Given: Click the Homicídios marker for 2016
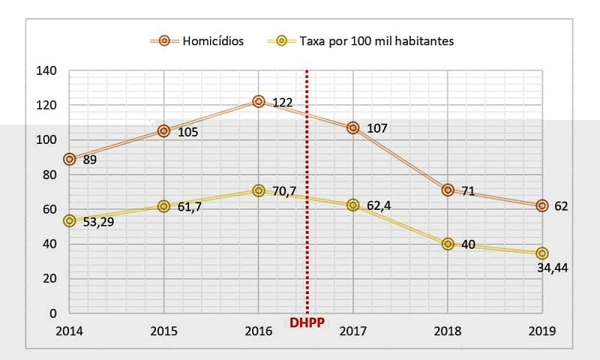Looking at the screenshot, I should (x=259, y=101).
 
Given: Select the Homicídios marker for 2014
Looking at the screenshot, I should (x=70, y=159).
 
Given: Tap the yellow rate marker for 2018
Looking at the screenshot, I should (x=448, y=244).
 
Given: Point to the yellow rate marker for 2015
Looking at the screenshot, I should (x=164, y=206).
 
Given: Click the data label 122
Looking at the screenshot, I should (x=282, y=102).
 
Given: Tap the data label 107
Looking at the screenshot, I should (x=376, y=128).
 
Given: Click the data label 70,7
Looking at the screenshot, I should (x=284, y=191).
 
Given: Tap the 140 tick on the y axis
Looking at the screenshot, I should (x=46, y=71).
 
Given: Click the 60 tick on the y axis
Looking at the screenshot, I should (x=49, y=209).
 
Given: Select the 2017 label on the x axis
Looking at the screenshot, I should (x=352, y=330).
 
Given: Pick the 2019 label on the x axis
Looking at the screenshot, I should (x=541, y=330).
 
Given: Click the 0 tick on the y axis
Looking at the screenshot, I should (x=53, y=313).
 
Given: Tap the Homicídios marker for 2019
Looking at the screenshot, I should (x=542, y=205).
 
